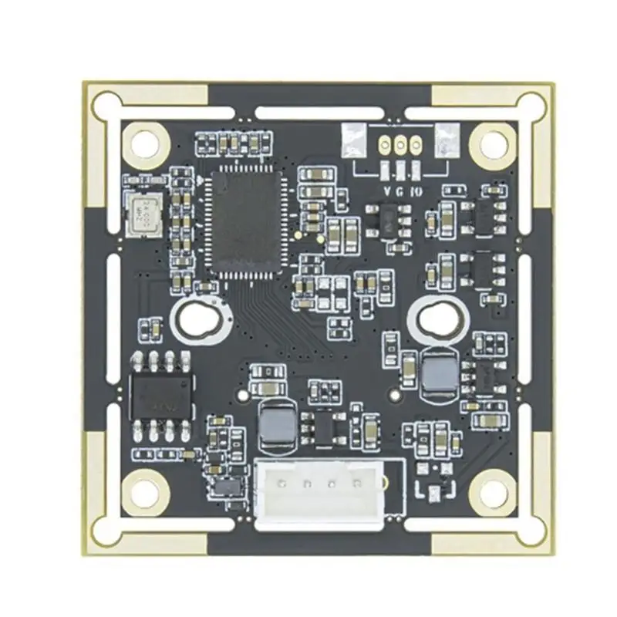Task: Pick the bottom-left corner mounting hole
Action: coord(143,488)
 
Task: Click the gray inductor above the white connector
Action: coord(274,426)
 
